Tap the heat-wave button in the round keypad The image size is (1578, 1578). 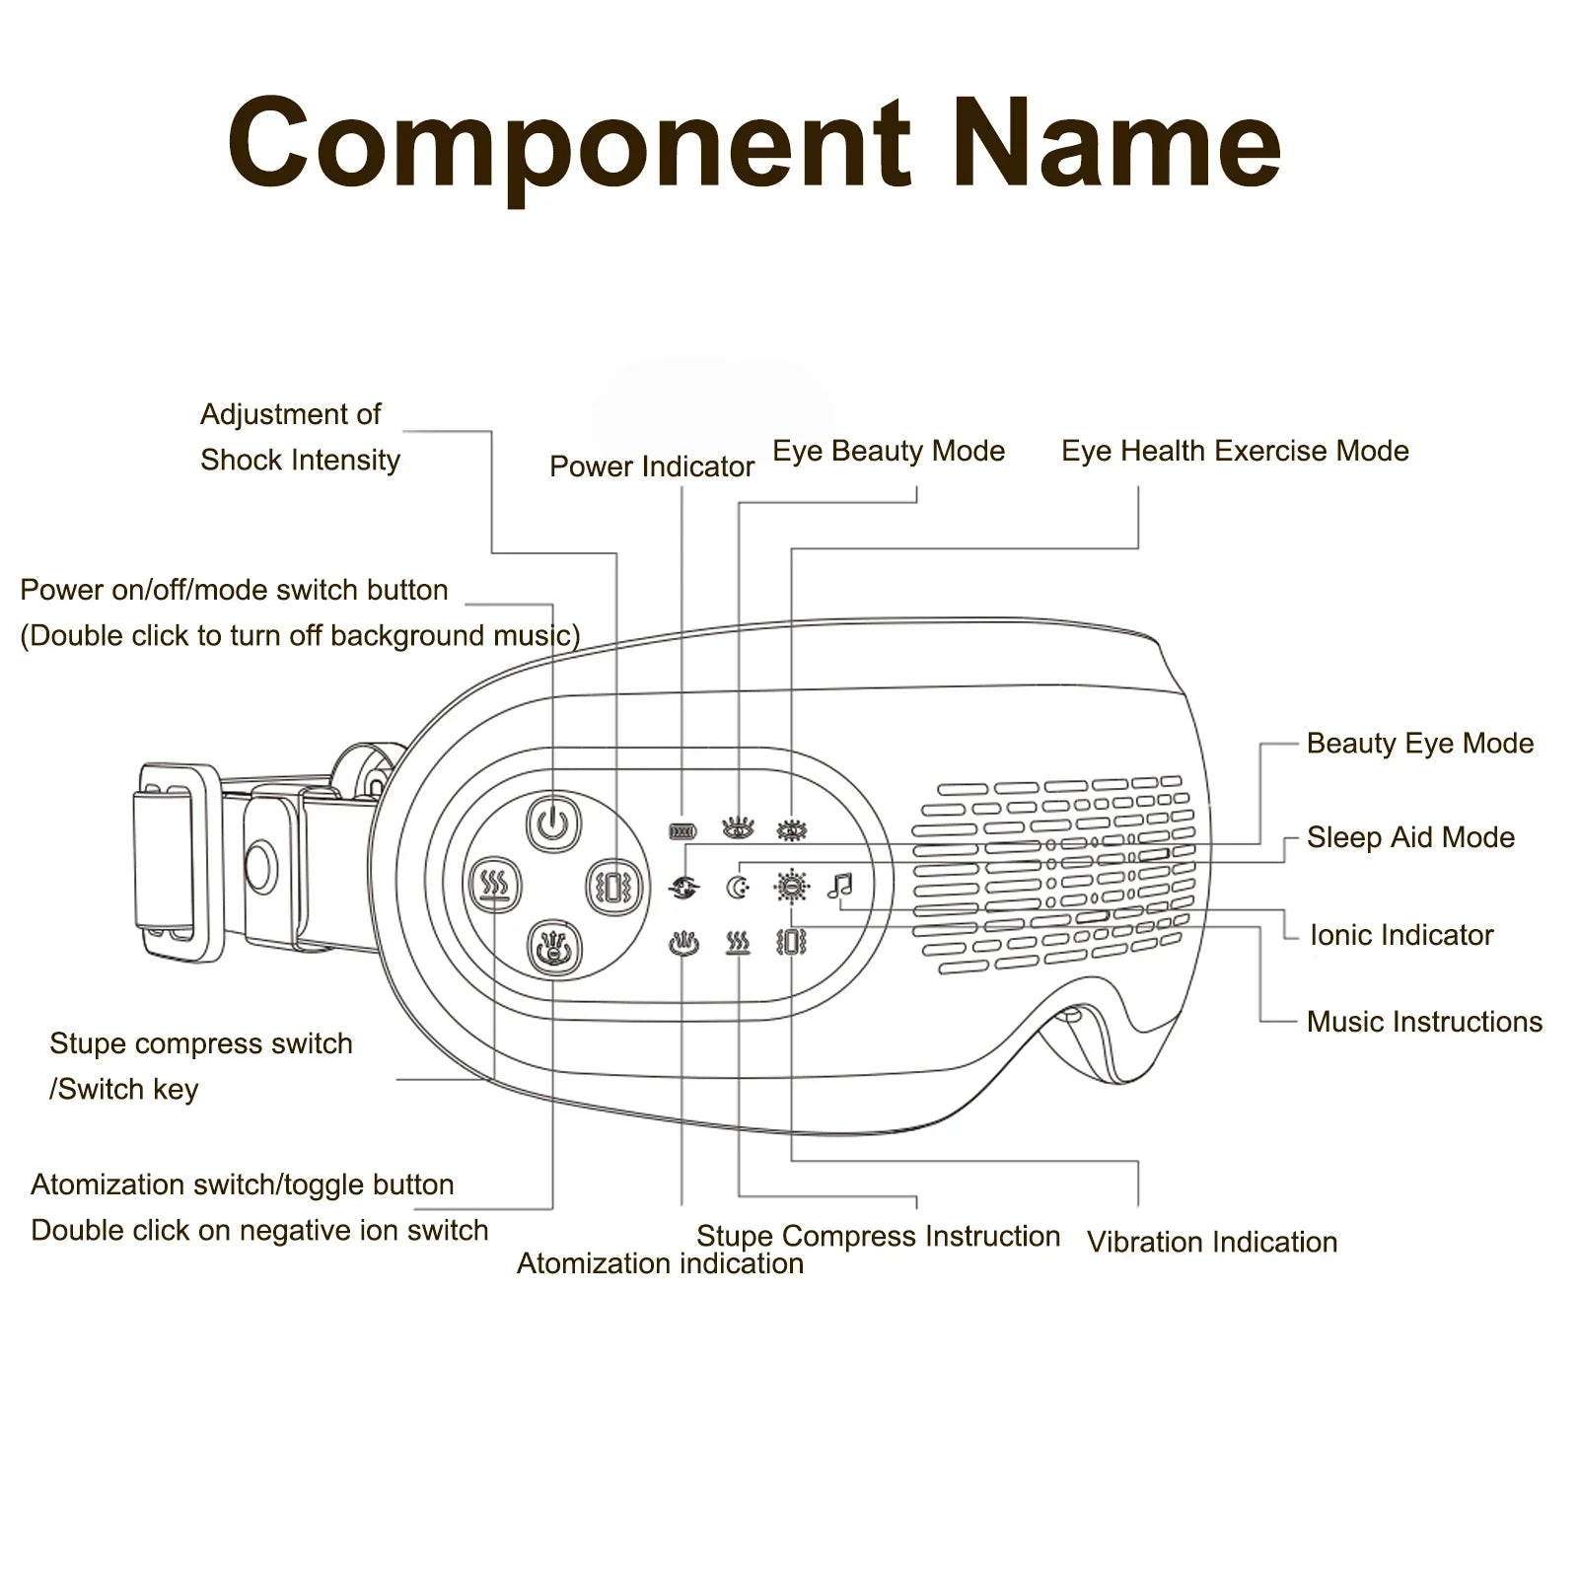(x=493, y=884)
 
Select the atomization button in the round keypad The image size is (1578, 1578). (x=554, y=948)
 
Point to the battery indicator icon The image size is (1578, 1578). (x=682, y=831)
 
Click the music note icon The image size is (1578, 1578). (x=839, y=886)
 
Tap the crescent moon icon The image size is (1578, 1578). (x=738, y=888)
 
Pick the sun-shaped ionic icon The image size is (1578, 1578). (x=791, y=887)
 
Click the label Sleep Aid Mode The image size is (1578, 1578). (x=1410, y=837)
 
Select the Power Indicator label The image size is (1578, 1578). (x=652, y=466)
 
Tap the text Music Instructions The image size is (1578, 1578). (x=1424, y=1022)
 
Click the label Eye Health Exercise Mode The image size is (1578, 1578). (x=1235, y=451)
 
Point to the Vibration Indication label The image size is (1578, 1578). (x=1212, y=1242)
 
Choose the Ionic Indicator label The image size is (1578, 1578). (x=1401, y=935)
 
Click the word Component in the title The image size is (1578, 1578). (x=568, y=144)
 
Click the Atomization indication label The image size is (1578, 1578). (x=660, y=1263)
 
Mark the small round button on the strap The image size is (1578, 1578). (x=261, y=865)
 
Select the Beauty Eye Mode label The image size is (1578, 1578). (x=1420, y=744)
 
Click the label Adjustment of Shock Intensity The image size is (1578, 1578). (x=300, y=437)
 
